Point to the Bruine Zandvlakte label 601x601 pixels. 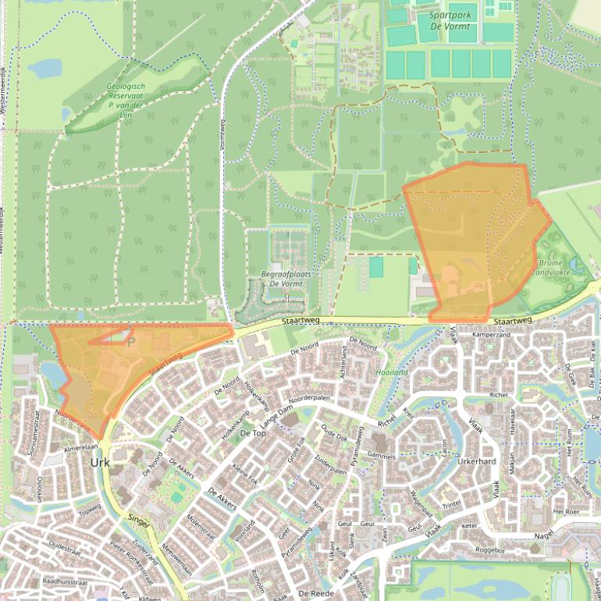(x=552, y=268)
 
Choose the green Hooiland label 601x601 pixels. (x=393, y=372)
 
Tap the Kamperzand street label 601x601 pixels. (x=492, y=335)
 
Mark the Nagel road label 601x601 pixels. (x=543, y=535)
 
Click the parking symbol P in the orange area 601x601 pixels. (x=131, y=341)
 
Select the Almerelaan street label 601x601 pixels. (x=80, y=449)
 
